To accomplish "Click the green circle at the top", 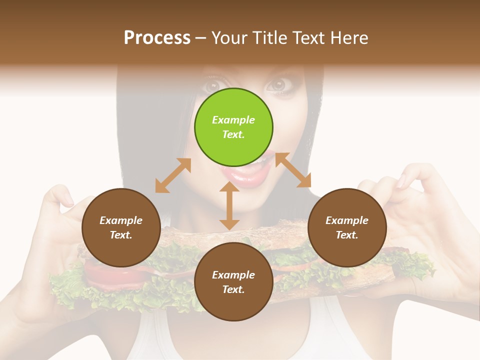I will [233, 127].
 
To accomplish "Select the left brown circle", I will [121, 227].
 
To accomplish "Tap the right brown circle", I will [347, 227].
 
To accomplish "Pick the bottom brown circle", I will [233, 282].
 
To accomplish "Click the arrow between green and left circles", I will [173, 175].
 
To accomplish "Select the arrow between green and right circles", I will [293, 170].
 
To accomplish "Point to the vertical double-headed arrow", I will [229, 205].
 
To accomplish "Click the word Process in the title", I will [157, 37].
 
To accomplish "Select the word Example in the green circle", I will [233, 120].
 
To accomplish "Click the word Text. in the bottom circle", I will [233, 289].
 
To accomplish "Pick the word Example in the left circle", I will [121, 220].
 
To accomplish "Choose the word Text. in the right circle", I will [347, 235].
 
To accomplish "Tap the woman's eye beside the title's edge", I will [276, 84].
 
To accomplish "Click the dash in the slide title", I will [200, 38].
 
